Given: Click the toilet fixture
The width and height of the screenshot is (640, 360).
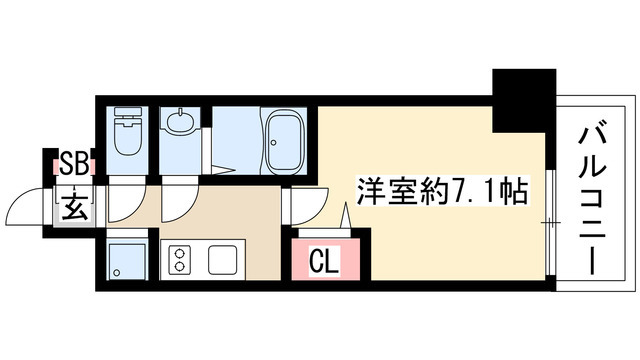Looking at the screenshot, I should point(128,134).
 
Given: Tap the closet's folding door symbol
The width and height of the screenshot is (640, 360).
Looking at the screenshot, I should point(346,216).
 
